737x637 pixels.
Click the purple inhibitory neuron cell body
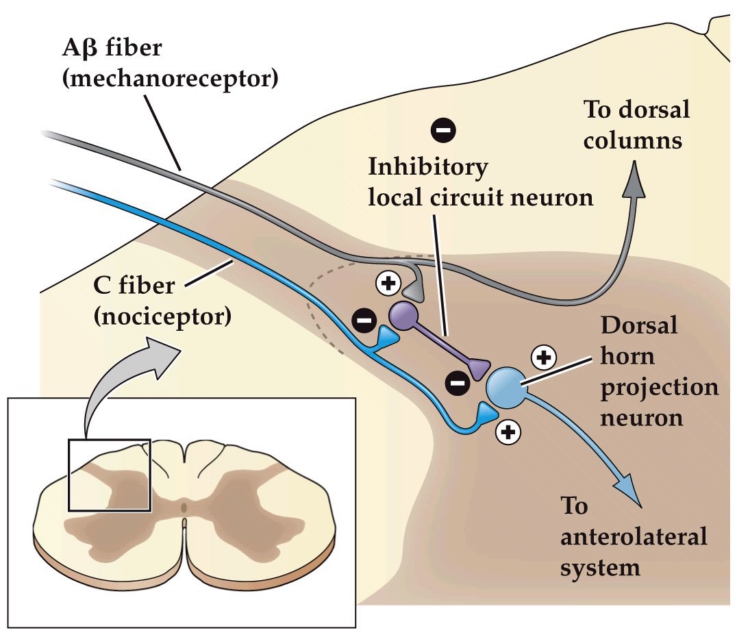pyautogui.click(x=403, y=315)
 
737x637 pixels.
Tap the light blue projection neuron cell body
pyautogui.click(x=507, y=387)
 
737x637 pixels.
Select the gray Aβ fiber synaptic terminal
pyautogui.click(x=414, y=291)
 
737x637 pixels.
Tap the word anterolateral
pyautogui.click(x=634, y=537)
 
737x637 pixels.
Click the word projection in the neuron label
pyautogui.click(x=660, y=387)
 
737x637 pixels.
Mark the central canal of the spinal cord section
pyautogui.click(x=184, y=508)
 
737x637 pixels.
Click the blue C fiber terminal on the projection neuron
pyautogui.click(x=487, y=412)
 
